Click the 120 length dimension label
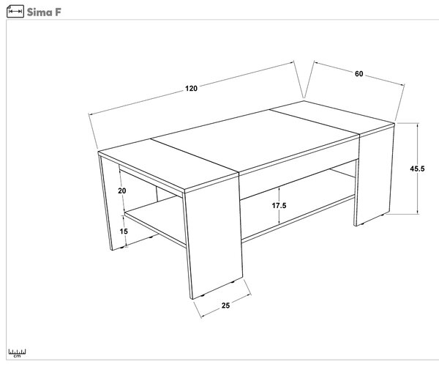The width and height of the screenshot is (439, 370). pyautogui.click(x=191, y=89)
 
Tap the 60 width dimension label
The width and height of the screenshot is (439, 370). pyautogui.click(x=359, y=74)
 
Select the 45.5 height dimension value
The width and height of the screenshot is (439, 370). pyautogui.click(x=417, y=169)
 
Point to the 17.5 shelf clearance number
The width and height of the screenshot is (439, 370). pyautogui.click(x=279, y=205)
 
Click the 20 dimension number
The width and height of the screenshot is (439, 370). pyautogui.click(x=121, y=190)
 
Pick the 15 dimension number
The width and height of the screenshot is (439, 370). pyautogui.click(x=124, y=232)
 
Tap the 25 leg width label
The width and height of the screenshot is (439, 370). pyautogui.click(x=225, y=306)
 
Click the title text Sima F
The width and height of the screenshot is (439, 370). pyautogui.click(x=44, y=12)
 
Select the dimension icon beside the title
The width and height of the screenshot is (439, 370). pyautogui.click(x=15, y=12)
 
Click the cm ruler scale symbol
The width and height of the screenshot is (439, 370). pyautogui.click(x=17, y=353)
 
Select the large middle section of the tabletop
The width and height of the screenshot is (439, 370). pyautogui.click(x=255, y=140)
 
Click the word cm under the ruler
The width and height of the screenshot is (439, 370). pyautogui.click(x=17, y=356)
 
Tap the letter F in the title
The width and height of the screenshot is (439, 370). pyautogui.click(x=58, y=12)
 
